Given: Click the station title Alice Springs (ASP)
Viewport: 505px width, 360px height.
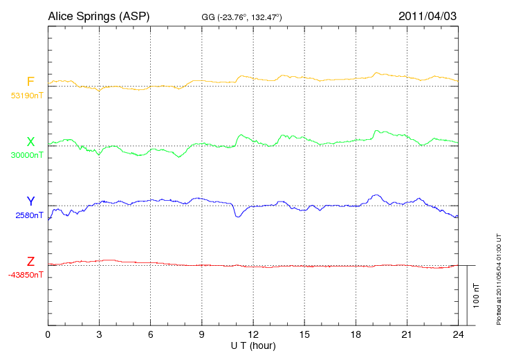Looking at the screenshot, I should tap(98, 16).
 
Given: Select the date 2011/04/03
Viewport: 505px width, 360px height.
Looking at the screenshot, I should tap(428, 16).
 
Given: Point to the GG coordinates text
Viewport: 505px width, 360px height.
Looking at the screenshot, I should tap(241, 17).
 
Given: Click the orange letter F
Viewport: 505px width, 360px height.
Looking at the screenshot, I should tap(30, 82).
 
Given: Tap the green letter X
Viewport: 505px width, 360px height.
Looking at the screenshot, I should tap(30, 141).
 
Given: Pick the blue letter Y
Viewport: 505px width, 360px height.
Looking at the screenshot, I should tap(30, 201).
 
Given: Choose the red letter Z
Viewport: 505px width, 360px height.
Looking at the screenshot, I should tap(30, 262).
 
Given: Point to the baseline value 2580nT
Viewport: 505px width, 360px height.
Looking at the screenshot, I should tap(28, 215).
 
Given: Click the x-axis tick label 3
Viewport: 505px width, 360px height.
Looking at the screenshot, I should tap(99, 335).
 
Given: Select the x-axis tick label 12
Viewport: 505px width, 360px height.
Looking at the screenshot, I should tap(253, 335).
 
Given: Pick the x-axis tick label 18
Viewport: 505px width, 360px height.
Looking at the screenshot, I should tap(356, 335).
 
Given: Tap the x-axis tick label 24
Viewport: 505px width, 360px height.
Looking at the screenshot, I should tap(458, 335).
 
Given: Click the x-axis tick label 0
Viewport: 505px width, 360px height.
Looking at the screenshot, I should tap(48, 335).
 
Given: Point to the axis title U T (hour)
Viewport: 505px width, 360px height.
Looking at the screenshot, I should tap(253, 345).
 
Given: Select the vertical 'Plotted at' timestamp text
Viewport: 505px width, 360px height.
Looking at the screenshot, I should tap(498, 277).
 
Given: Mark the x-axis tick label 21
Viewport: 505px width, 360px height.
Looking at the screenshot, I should tap(407, 335).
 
